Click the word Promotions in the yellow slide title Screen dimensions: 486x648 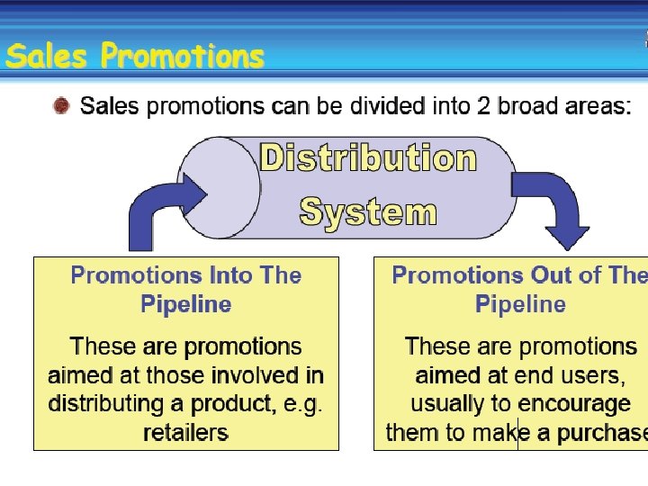coord(183,56)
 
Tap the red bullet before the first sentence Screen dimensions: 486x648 coord(61,106)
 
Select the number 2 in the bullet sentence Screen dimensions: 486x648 coord(483,106)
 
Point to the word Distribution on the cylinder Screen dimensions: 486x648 coord(368,158)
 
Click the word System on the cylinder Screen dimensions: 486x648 coord(368,212)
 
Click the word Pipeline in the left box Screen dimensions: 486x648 coord(186,304)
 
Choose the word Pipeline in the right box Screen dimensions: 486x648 coord(520,304)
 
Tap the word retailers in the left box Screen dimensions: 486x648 coord(186,433)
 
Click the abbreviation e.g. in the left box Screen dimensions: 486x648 coord(303,404)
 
